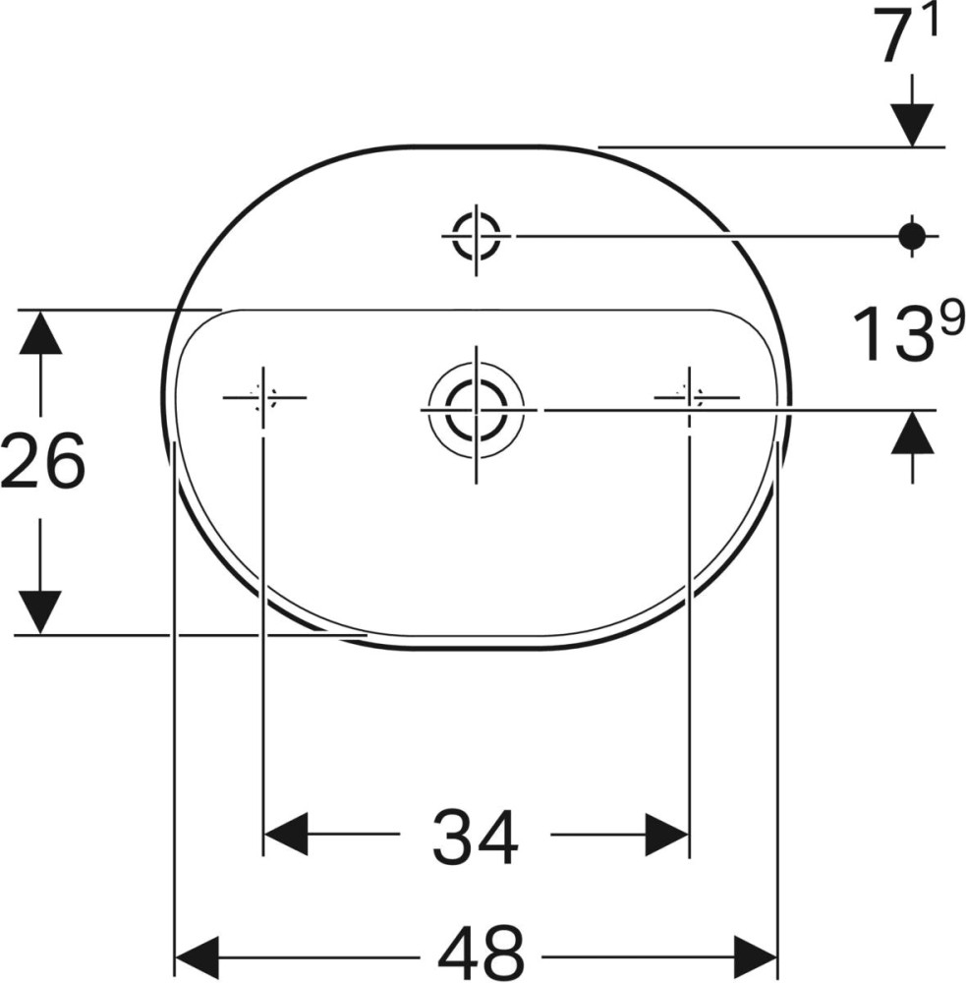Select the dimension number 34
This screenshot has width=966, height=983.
[476, 838]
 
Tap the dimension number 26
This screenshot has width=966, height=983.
[42, 461]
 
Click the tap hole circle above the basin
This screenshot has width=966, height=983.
[477, 236]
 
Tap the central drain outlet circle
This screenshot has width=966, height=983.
[477, 411]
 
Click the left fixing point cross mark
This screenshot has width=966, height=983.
[263, 397]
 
